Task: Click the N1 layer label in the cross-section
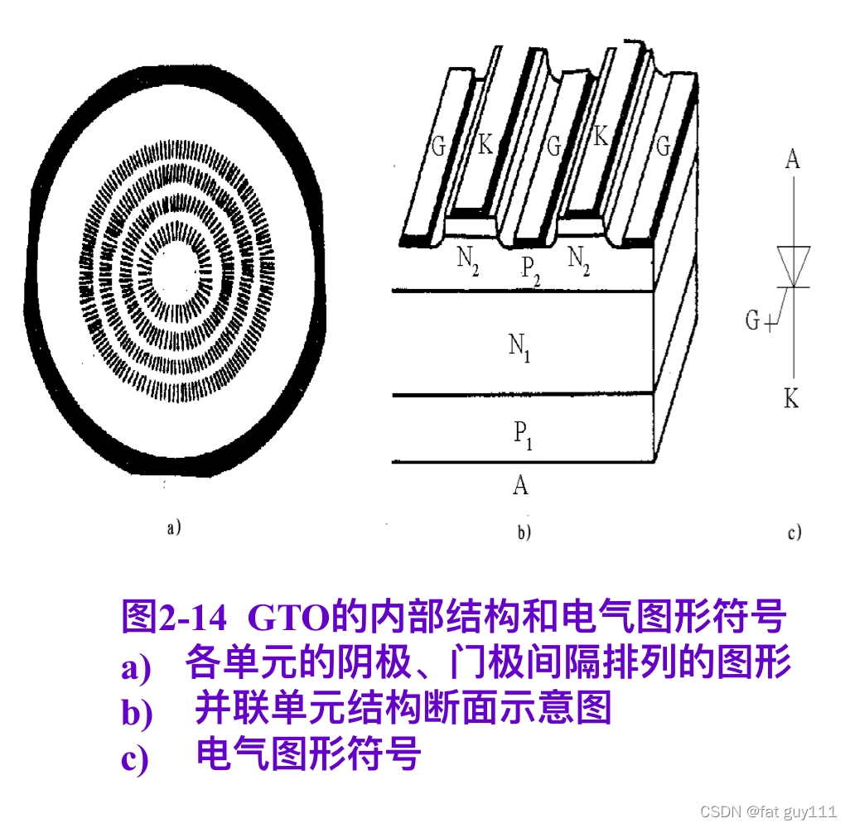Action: pos(519,347)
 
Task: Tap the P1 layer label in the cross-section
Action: pos(523,436)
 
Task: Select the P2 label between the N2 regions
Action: pos(530,271)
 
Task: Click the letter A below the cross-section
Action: pos(520,484)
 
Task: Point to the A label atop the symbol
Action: pos(793,159)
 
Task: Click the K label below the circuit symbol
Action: pos(791,399)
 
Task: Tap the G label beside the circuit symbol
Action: pos(752,320)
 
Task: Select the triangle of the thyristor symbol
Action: pos(794,266)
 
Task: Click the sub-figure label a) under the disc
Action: pos(173,527)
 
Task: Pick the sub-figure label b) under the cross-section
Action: pos(524,532)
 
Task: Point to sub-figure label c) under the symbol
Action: pos(794,532)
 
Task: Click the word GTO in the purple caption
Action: pos(288,617)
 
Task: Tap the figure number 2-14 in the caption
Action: pos(192,617)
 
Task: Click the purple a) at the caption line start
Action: pos(136,667)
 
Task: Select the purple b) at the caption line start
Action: pos(137,712)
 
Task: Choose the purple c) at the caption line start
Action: pos(134,758)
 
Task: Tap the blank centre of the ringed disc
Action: pos(172,271)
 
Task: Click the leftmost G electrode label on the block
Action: pos(438,146)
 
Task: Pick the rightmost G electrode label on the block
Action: pos(663,146)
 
